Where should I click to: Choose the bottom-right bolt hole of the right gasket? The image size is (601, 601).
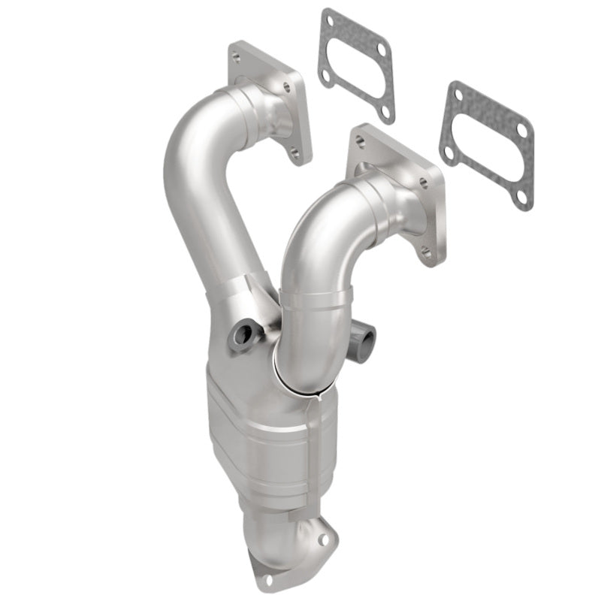(x=521, y=196)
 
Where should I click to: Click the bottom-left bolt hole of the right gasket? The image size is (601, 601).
(x=448, y=153)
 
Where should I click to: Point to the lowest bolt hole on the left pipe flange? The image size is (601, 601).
(x=295, y=154)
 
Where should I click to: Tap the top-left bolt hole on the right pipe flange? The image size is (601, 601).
(x=359, y=140)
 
